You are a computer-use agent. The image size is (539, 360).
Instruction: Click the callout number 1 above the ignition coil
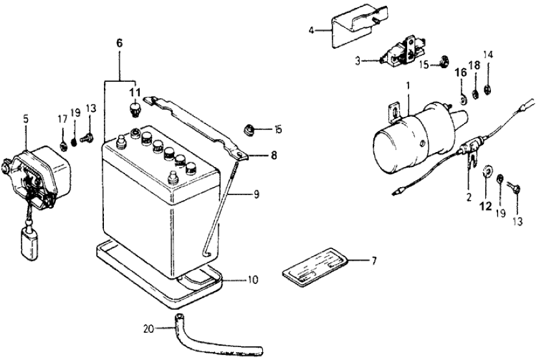pos(407,85)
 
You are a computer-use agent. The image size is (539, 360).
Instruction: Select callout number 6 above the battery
pos(119,43)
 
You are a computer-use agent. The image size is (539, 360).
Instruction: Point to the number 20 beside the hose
pos(148,328)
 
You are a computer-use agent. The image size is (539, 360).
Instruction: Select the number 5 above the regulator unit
pos(25,120)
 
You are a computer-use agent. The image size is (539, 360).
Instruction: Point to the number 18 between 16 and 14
pos(475,66)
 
